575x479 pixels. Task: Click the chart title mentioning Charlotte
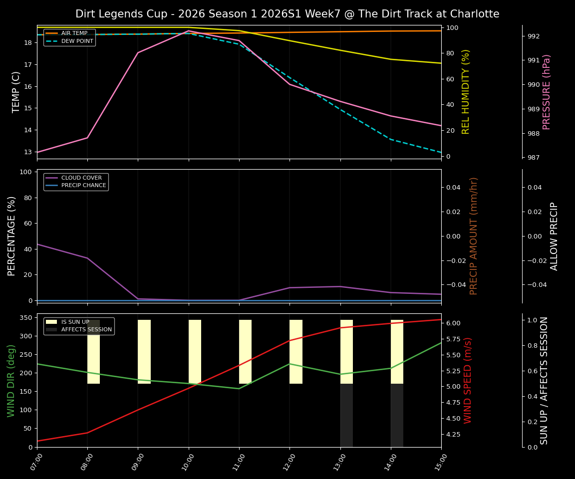coord(287,14)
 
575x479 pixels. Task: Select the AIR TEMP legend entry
coord(74,33)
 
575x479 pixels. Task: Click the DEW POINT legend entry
coord(77,41)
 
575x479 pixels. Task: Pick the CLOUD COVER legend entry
coord(81,178)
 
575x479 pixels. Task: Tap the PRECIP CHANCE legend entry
coord(83,186)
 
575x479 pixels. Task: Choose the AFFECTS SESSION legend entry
coord(86,330)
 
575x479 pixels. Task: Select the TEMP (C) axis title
coord(16,92)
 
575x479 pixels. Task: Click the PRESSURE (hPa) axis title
coord(547,92)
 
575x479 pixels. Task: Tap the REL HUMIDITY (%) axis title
coord(466,92)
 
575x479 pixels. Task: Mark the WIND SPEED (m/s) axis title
coord(468,380)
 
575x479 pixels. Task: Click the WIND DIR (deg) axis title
coord(11,380)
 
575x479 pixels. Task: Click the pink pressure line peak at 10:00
coord(188,31)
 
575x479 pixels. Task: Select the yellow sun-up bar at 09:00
coord(144,352)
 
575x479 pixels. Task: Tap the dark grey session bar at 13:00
coord(346,415)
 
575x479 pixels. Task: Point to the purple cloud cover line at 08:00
coord(87,258)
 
